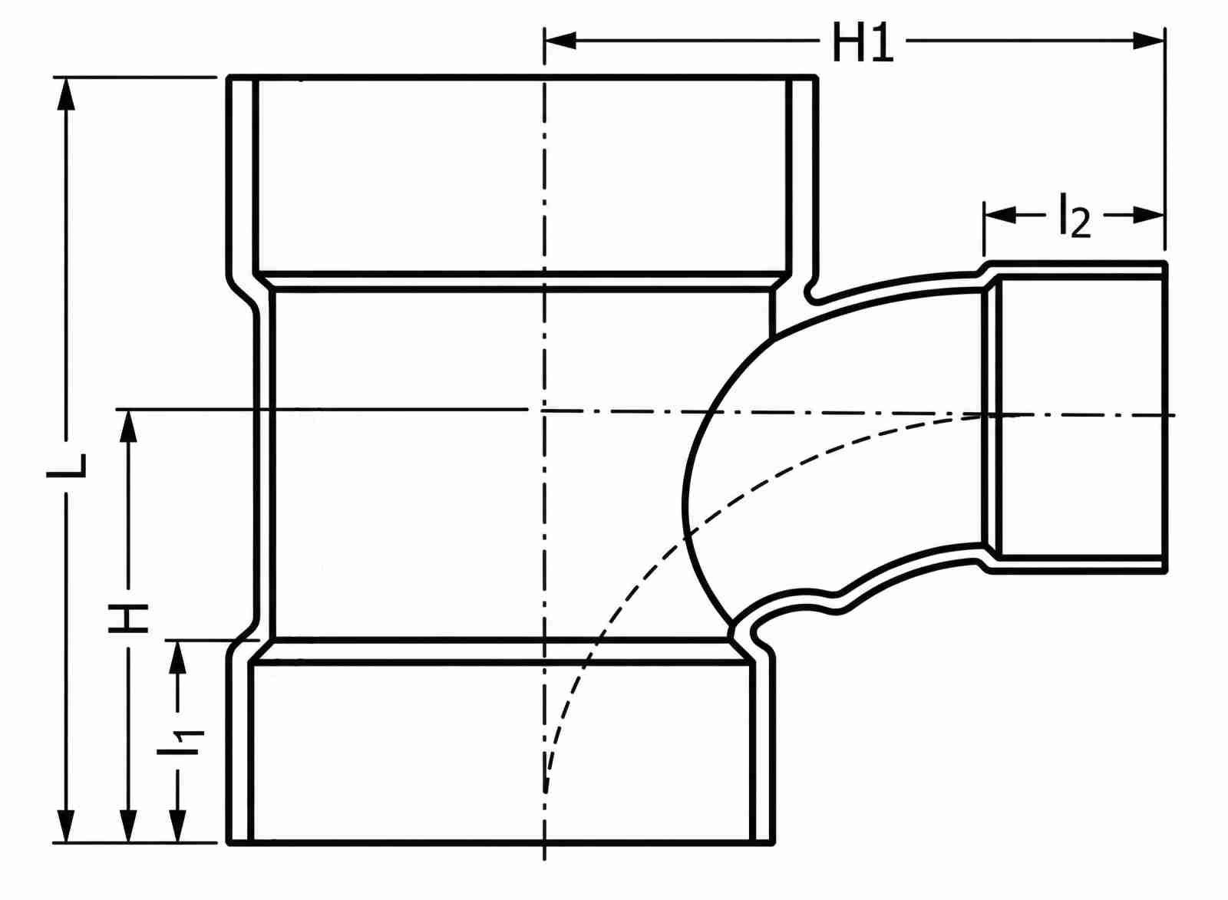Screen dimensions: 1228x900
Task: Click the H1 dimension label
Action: coord(863,42)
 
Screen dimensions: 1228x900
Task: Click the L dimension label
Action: coord(66,466)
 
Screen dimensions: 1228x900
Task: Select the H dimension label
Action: coord(128,618)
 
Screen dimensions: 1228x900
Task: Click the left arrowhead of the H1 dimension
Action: coord(560,41)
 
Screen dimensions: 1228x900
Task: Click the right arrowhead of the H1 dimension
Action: coord(1148,41)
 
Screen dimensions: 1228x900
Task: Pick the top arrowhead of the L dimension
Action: coord(66,94)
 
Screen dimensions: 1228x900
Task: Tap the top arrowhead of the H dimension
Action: coord(128,426)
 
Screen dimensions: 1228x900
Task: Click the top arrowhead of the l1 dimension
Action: coord(177,657)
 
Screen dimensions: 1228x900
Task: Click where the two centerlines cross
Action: coord(544,410)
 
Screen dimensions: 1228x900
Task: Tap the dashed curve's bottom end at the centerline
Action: coord(546,793)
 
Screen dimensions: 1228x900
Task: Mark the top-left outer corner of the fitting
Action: coord(229,77)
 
